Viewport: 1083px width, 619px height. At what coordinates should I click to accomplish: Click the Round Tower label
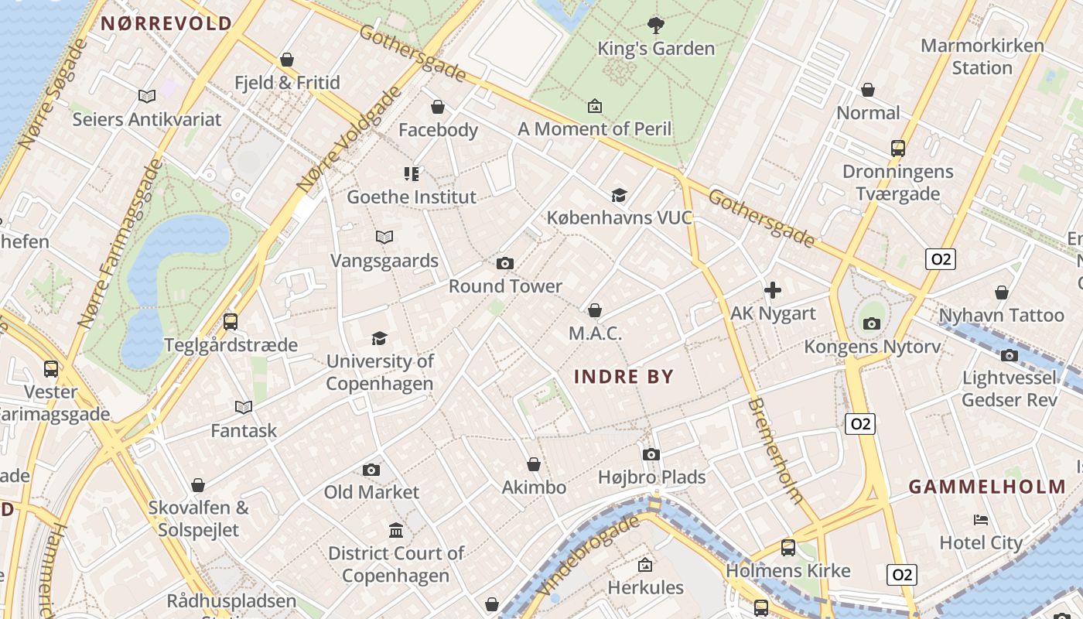(505, 286)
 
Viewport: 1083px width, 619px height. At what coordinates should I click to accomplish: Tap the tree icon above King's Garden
(656, 26)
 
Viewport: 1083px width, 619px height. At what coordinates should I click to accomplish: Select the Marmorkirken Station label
(982, 56)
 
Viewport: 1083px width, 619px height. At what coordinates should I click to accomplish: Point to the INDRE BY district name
(624, 378)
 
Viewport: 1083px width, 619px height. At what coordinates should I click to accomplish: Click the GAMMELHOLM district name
(987, 487)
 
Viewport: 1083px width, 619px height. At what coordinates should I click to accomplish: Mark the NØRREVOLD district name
(166, 23)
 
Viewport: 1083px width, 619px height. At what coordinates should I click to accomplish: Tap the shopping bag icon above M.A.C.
(595, 311)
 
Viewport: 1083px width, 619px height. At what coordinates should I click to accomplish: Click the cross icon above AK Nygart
(772, 291)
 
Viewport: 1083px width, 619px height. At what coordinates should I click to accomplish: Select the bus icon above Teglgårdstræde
(230, 322)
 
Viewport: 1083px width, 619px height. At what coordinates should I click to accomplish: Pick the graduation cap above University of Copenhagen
(379, 338)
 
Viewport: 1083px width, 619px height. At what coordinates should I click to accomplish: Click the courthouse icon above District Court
(396, 531)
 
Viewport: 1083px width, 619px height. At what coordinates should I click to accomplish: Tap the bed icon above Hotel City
(981, 520)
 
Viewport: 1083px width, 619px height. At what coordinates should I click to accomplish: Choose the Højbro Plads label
(651, 477)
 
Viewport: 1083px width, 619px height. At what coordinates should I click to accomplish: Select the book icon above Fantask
(244, 408)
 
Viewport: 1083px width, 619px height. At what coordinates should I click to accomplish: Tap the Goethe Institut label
(412, 197)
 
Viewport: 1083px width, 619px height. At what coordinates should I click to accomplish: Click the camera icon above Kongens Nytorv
(872, 323)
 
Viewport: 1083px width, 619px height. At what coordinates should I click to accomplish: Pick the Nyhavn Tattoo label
(1001, 316)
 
